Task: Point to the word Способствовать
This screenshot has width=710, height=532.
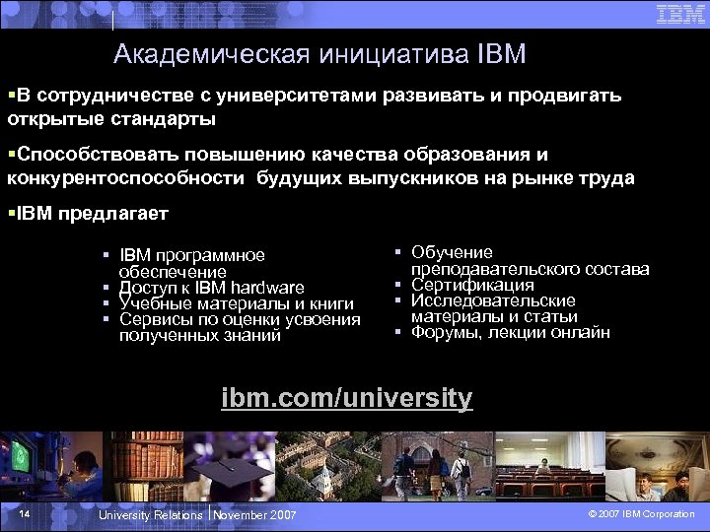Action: pyautogui.click(x=82, y=155)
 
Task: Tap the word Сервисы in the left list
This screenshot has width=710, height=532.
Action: pyautogui.click(x=149, y=319)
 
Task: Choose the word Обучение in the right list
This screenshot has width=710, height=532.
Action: pyautogui.click(x=452, y=253)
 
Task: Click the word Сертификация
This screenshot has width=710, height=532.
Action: pyautogui.click(x=472, y=285)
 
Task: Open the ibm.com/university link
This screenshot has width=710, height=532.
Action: pyautogui.click(x=347, y=398)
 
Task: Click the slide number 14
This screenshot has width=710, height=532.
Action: pyautogui.click(x=25, y=514)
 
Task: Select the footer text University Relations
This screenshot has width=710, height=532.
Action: pyautogui.click(x=150, y=515)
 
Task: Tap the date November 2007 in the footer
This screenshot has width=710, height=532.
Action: pyautogui.click(x=254, y=515)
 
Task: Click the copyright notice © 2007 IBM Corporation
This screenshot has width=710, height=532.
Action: pyautogui.click(x=641, y=514)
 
